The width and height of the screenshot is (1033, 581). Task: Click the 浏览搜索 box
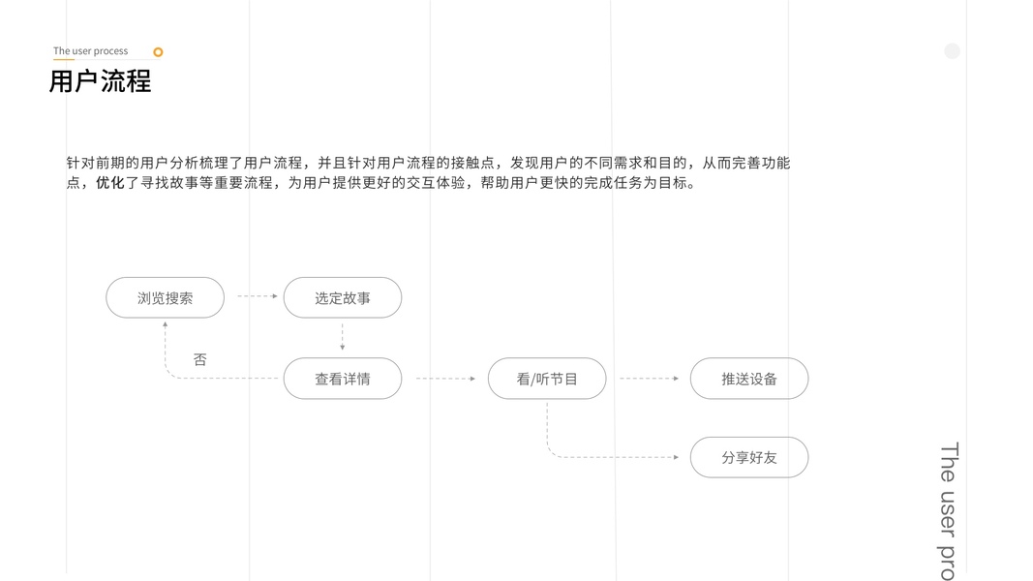tap(165, 298)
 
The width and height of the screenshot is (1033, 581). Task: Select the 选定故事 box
tap(342, 298)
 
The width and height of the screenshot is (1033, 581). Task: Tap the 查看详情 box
tap(342, 379)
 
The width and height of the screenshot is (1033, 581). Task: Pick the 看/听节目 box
tap(547, 379)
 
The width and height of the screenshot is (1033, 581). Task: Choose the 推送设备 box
tap(748, 379)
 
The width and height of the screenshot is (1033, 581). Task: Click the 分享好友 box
tap(748, 457)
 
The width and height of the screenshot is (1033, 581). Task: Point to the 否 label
tap(199, 359)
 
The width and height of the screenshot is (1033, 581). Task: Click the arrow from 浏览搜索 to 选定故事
tap(257, 296)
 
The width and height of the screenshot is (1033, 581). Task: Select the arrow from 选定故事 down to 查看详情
tap(342, 337)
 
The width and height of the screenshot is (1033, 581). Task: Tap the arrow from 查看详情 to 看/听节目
tap(445, 379)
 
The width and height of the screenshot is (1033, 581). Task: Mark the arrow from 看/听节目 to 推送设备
tap(649, 379)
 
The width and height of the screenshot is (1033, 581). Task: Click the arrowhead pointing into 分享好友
tap(675, 457)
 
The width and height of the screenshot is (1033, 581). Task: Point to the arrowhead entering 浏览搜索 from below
tap(165, 325)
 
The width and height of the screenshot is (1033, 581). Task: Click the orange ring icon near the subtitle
tap(158, 52)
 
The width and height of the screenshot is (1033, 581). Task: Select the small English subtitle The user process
tap(90, 51)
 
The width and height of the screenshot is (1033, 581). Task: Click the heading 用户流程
tap(100, 81)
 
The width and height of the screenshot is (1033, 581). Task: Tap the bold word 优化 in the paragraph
tap(109, 183)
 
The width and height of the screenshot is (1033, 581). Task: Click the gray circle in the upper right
tap(952, 51)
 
